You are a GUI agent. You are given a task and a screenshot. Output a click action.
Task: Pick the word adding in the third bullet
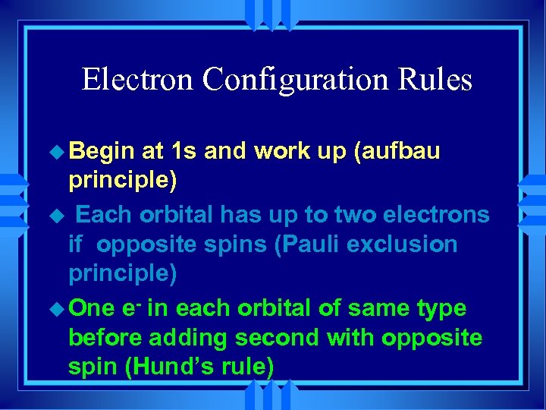point(185,338)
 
